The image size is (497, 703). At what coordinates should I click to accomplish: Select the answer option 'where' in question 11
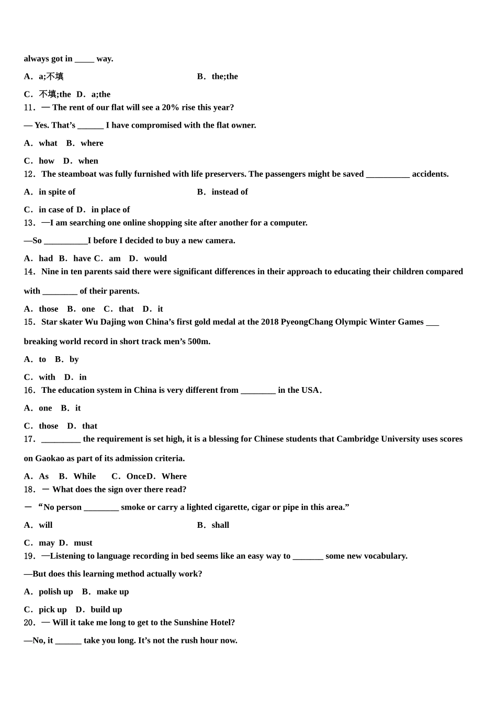pos(92,143)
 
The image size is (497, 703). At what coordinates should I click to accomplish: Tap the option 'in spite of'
pos(57,192)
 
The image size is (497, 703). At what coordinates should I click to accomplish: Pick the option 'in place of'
pos(110,210)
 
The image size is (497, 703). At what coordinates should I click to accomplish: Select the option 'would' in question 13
pos(155,258)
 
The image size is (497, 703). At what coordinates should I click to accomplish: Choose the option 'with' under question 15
pos(47,377)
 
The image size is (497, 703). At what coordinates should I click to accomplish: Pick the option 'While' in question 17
pos(84,477)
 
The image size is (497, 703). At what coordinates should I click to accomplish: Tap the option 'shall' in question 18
pos(220,525)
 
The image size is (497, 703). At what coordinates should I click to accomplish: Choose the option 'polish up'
pos(55,592)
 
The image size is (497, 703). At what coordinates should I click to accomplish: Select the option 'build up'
pos(106,609)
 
